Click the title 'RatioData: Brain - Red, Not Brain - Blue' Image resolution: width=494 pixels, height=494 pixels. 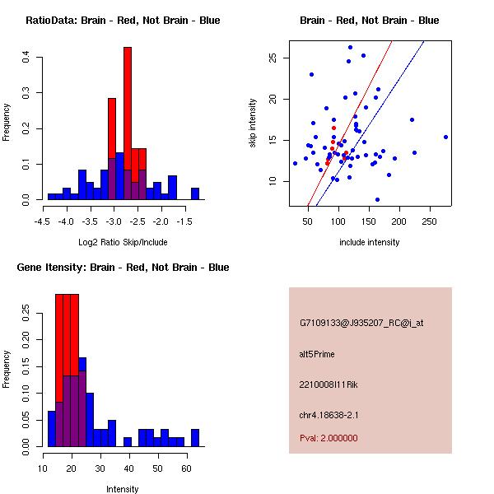[x=123, y=21]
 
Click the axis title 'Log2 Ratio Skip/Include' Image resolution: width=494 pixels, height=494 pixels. [x=122, y=242]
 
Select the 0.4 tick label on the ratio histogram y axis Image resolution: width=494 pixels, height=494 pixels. [x=27, y=58]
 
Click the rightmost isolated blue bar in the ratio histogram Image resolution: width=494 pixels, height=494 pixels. [x=195, y=194]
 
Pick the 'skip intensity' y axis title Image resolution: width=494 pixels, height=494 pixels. [x=254, y=123]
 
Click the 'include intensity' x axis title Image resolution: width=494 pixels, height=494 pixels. [x=370, y=242]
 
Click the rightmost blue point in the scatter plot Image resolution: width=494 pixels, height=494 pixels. [x=445, y=137]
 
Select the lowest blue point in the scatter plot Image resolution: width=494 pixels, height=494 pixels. [x=377, y=199]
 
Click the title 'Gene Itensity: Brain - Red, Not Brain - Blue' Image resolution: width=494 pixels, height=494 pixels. [x=123, y=268]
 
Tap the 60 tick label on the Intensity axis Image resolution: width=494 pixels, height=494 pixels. [x=187, y=468]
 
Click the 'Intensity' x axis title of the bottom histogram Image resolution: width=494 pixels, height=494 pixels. [x=122, y=489]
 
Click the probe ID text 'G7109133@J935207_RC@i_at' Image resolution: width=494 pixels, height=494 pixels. [x=361, y=324]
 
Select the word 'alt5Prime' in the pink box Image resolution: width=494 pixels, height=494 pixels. [x=317, y=354]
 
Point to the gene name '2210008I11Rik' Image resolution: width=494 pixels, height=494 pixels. [x=329, y=384]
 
